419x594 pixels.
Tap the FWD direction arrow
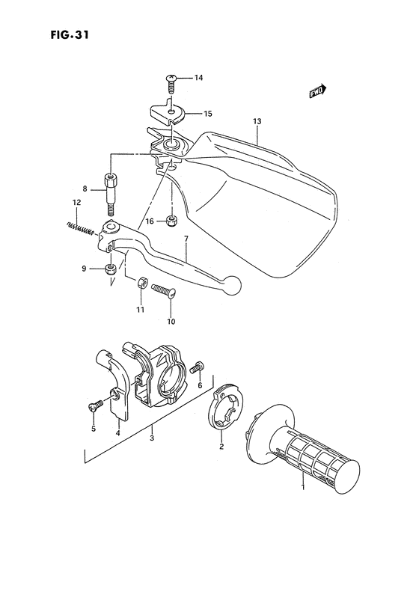[317, 91]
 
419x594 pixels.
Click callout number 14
[198, 78]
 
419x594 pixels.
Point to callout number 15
[207, 114]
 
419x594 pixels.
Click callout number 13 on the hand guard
[257, 120]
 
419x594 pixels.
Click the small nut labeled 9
[111, 269]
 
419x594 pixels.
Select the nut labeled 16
[171, 221]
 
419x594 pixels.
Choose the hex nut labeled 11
[139, 283]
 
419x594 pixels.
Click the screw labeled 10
[163, 290]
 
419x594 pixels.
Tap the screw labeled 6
[198, 367]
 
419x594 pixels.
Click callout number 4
[117, 432]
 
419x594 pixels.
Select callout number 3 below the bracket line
[152, 438]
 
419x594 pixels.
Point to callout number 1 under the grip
[303, 486]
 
